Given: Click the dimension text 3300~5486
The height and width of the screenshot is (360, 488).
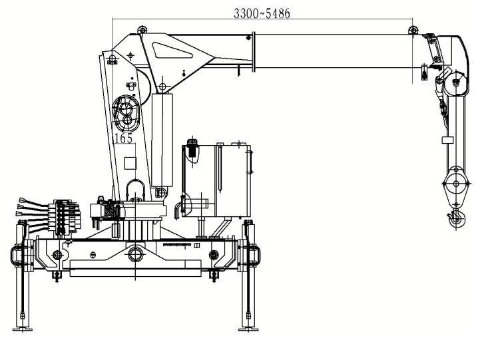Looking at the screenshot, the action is click(262, 14).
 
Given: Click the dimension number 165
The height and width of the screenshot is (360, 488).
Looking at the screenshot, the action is click(124, 138).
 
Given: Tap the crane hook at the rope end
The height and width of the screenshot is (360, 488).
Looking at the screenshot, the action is click(456, 218).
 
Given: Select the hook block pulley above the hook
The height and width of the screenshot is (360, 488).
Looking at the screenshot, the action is click(456, 184).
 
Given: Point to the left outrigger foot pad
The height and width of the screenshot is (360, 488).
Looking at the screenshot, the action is click(23, 329).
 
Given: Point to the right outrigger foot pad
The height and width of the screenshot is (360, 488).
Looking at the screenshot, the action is click(248, 329).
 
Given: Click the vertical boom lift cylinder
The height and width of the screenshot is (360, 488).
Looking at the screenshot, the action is click(162, 140).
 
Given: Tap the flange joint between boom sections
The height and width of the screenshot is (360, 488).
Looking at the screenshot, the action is click(254, 52).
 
